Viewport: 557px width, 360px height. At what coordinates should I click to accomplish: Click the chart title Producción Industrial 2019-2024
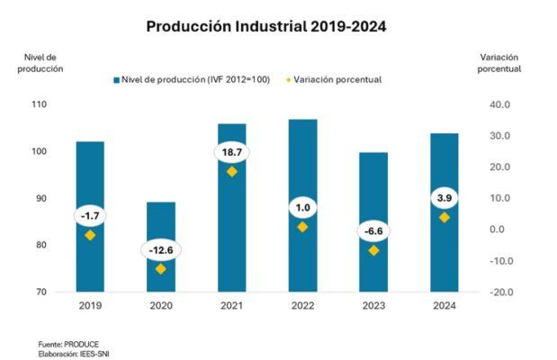tap(266, 27)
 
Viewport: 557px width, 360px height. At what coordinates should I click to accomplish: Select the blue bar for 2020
tap(161, 247)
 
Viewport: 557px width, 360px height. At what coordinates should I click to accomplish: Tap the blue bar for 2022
tap(302, 206)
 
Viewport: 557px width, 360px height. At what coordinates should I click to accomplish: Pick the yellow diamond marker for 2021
tap(232, 172)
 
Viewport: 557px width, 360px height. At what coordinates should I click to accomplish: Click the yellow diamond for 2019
tap(90, 235)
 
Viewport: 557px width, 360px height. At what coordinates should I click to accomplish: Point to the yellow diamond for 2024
tap(445, 218)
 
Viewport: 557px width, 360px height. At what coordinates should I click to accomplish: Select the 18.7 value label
tap(232, 152)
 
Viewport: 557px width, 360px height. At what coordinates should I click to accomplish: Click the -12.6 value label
tap(161, 250)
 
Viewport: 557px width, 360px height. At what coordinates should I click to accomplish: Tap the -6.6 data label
tap(373, 231)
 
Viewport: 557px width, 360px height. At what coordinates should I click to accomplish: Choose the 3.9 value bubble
tap(445, 198)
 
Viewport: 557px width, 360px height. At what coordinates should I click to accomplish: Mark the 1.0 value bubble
tap(302, 208)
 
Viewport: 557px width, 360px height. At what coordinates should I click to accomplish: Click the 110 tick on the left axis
tap(39, 104)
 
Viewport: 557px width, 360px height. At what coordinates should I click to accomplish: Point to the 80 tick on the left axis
tap(41, 245)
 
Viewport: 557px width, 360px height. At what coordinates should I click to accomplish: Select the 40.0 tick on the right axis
tap(499, 104)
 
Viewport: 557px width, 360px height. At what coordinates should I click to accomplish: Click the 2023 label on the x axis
tap(373, 306)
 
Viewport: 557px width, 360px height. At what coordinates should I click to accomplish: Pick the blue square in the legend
tap(116, 80)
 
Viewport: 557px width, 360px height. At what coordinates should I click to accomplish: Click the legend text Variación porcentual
tap(337, 79)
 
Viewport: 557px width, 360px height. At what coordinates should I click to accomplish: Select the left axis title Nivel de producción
tap(40, 63)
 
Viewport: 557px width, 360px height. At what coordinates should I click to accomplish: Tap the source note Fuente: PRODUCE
tap(68, 344)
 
